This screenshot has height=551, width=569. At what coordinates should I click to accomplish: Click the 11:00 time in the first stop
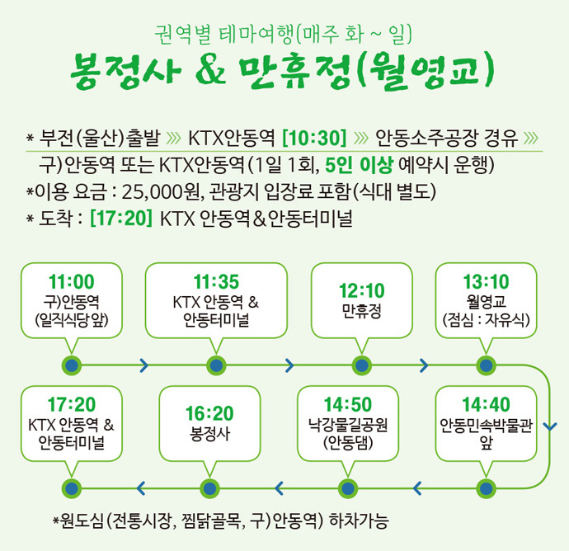tap(72, 280)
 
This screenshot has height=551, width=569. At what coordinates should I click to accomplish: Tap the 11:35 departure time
tap(216, 280)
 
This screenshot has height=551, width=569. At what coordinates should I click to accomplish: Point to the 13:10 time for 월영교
tap(487, 280)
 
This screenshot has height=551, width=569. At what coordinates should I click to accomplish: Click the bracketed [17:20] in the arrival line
tap(121, 219)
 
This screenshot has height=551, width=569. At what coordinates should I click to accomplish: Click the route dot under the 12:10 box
tap(360, 365)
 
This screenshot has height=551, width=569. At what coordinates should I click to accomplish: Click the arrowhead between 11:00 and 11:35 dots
tap(144, 365)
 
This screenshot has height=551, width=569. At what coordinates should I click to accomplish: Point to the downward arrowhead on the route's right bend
tap(551, 427)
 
